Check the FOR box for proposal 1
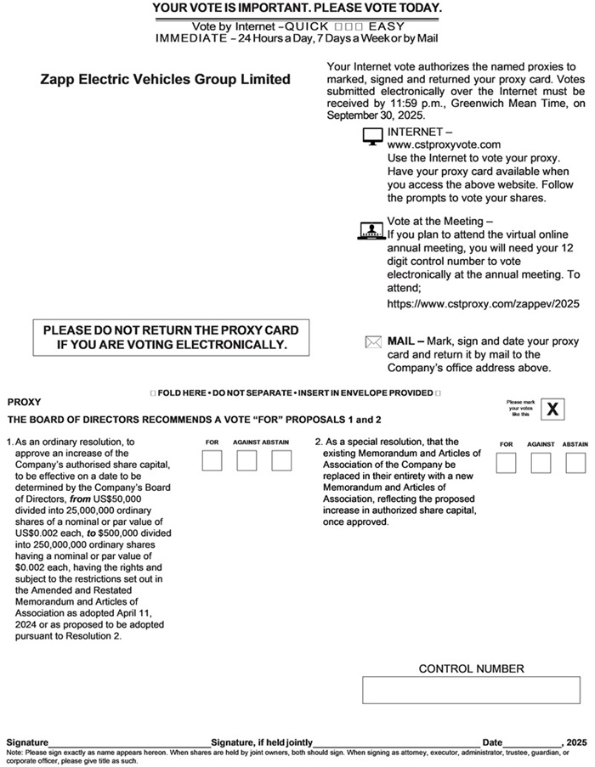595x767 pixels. (x=212, y=461)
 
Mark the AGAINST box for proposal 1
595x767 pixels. (x=246, y=461)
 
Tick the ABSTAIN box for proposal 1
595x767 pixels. (x=281, y=461)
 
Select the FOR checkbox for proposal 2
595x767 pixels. (x=506, y=463)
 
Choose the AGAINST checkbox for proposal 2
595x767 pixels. (x=541, y=463)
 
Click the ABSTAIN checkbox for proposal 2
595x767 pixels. (x=575, y=463)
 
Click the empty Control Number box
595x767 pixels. (x=471, y=690)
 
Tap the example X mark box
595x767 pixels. (x=553, y=409)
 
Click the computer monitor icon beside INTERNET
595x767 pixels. (x=372, y=137)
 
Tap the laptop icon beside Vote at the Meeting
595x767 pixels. (x=372, y=229)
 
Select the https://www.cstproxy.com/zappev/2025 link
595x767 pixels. (x=483, y=302)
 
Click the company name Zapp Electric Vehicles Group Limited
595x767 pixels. (x=165, y=80)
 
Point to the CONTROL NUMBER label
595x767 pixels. (x=471, y=668)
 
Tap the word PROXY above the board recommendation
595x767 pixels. (x=24, y=402)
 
